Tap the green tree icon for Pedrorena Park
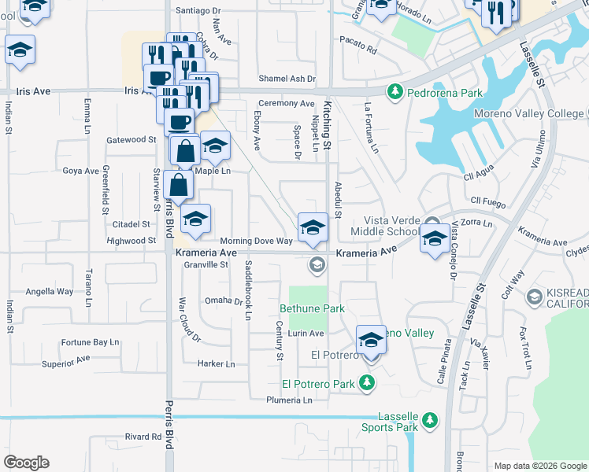click(394, 93)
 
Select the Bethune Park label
click(313, 308)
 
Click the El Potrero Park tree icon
click(366, 383)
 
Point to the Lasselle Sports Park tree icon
click(429, 419)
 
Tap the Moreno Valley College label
click(529, 113)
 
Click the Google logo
click(26, 463)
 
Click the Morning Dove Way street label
click(256, 241)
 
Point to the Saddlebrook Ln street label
click(247, 289)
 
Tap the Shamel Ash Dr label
click(287, 79)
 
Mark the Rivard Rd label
click(143, 437)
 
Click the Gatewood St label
click(132, 139)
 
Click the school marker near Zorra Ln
click(433, 239)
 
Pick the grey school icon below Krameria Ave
click(317, 264)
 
